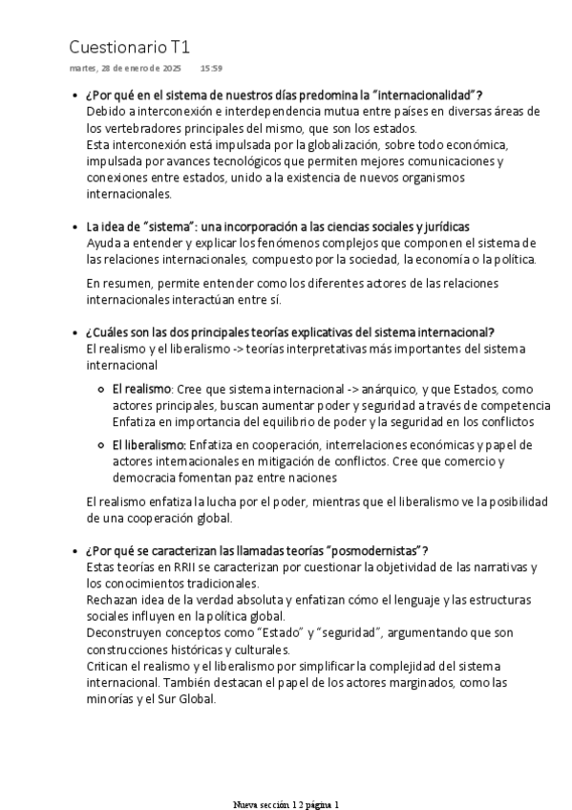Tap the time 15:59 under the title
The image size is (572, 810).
coord(211,69)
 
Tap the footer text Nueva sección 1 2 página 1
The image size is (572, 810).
coord(286,804)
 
